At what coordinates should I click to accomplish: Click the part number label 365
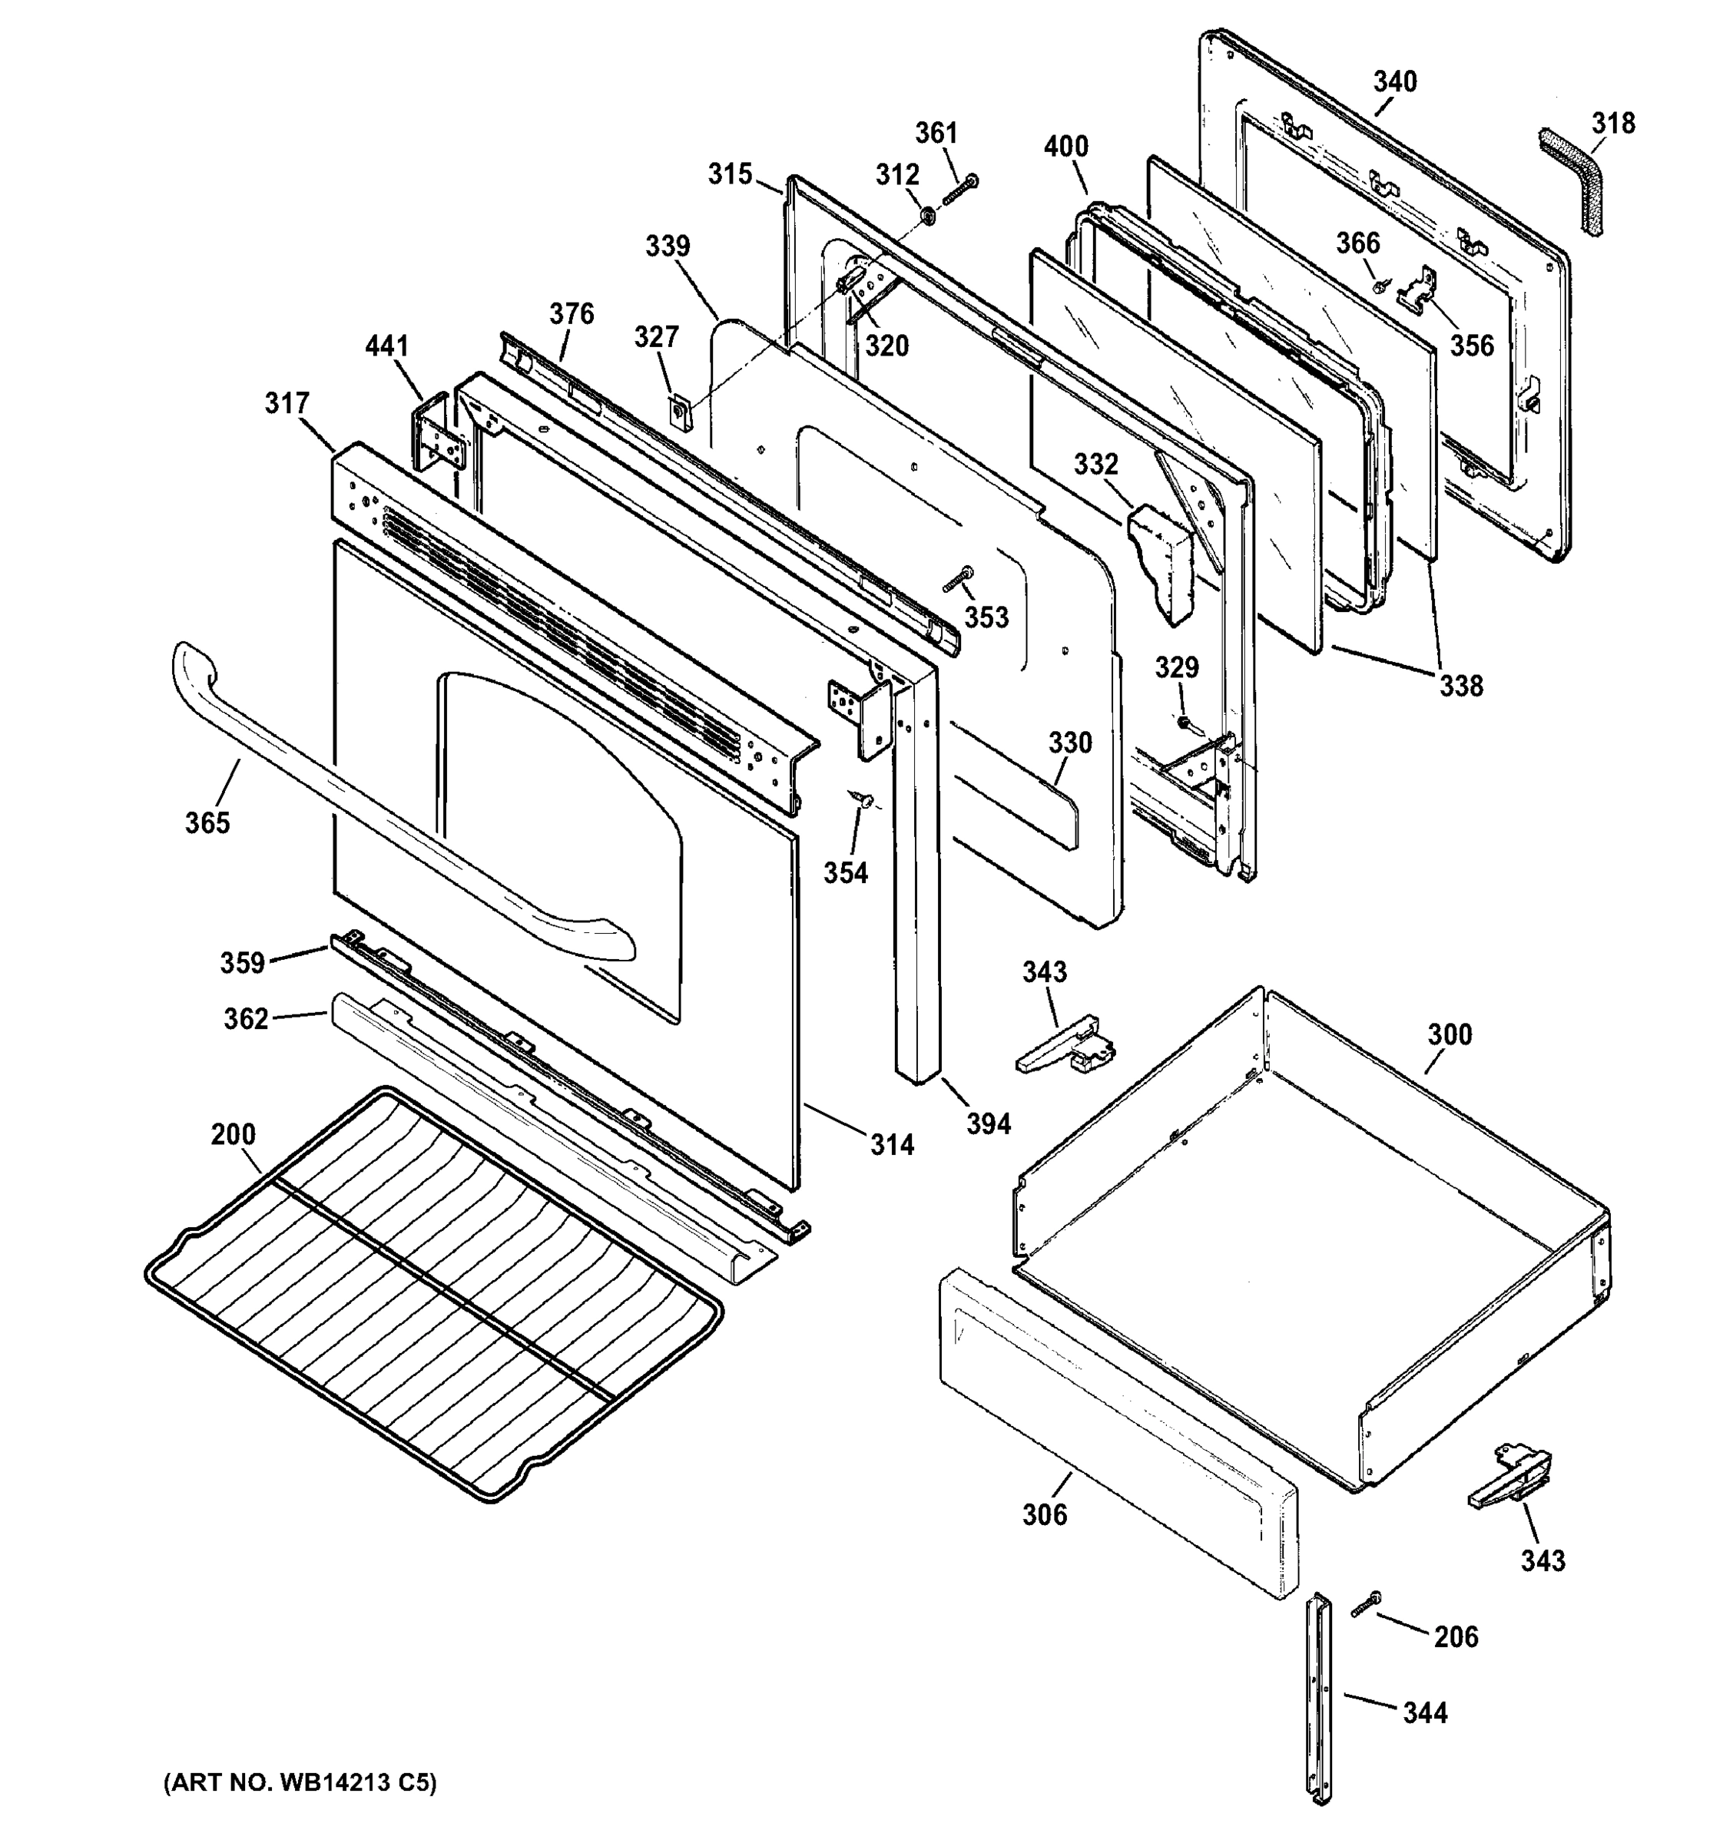pyautogui.click(x=207, y=822)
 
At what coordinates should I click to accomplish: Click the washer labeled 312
pyautogui.click(x=926, y=216)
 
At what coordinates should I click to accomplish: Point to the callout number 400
pyautogui.click(x=1065, y=147)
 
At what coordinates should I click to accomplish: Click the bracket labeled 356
pyautogui.click(x=1418, y=290)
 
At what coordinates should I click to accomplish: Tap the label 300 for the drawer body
pyautogui.click(x=1450, y=1034)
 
